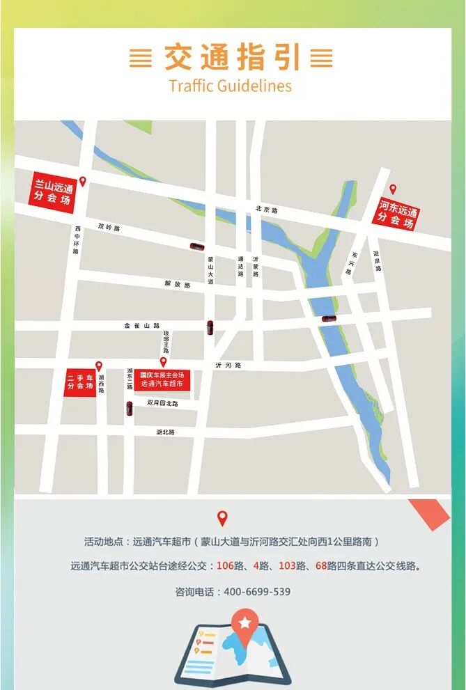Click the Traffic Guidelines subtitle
tap(230, 86)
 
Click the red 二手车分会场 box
tap(80, 382)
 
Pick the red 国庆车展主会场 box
tap(162, 379)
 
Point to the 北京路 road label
tap(266, 210)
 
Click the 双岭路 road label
tap(109, 228)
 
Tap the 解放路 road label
tap(177, 285)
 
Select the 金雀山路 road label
tap(142, 325)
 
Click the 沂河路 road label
tap(228, 365)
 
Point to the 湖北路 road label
tap(166, 432)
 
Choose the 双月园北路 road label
tap(162, 403)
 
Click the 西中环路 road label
tap(77, 240)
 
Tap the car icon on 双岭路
tap(198, 246)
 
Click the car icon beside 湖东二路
tap(129, 409)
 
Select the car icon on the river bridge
tap(328, 319)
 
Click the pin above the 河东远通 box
tap(392, 189)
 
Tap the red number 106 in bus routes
tap(225, 566)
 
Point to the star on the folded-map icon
tap(244, 622)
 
